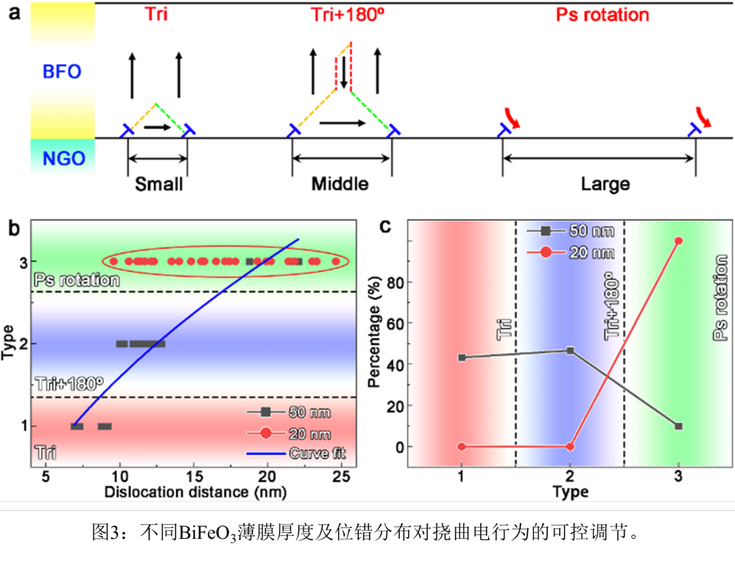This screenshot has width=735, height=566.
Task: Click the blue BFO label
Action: click(x=61, y=72)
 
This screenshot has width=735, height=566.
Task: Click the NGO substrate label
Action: click(x=64, y=158)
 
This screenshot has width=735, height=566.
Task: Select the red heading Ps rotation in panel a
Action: click(x=602, y=15)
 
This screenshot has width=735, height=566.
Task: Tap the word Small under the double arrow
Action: click(x=158, y=184)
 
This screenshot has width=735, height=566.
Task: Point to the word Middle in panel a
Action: click(x=340, y=184)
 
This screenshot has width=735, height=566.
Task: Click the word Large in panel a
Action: click(x=605, y=184)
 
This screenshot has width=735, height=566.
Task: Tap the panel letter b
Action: click(x=14, y=228)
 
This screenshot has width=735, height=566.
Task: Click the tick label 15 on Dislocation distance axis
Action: click(x=194, y=476)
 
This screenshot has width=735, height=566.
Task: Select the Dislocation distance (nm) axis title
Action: click(x=195, y=492)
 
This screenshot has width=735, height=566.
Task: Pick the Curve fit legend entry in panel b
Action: click(x=317, y=453)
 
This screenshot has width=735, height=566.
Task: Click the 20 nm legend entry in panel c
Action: click(x=591, y=253)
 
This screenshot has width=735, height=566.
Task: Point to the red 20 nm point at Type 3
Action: click(x=679, y=241)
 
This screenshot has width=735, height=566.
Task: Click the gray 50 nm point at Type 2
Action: click(x=570, y=350)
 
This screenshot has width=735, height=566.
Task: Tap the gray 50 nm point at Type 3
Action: click(x=679, y=427)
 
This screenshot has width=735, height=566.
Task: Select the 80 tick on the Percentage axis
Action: click(x=395, y=282)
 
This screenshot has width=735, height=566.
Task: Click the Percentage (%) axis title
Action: click(x=374, y=332)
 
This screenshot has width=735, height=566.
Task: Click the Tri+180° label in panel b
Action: click(x=69, y=383)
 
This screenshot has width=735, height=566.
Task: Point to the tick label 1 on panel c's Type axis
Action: click(x=461, y=476)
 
